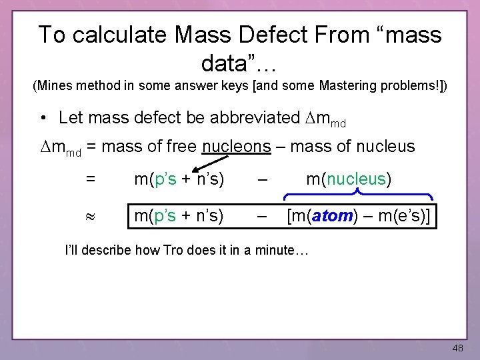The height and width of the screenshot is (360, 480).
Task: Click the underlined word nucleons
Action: [x=237, y=146]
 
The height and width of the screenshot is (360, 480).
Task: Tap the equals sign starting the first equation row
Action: [x=91, y=179]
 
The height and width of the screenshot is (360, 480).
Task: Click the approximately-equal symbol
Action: [x=91, y=217]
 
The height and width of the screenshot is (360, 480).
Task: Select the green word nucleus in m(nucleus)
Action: [x=356, y=179]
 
